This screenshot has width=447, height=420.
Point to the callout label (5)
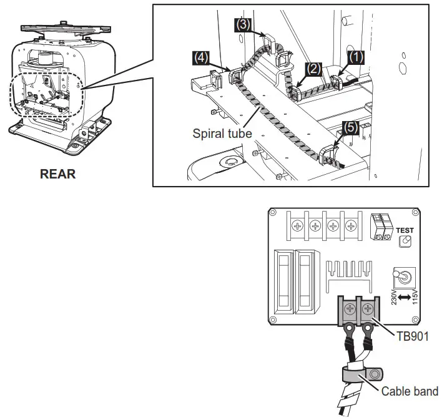click(350, 127)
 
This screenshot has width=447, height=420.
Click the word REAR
click(57, 174)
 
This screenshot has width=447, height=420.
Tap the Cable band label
click(409, 391)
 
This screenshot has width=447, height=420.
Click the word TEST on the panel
click(405, 230)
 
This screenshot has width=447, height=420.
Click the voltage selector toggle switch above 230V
click(403, 276)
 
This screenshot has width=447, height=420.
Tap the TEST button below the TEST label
click(405, 241)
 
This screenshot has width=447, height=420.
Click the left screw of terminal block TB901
click(348, 308)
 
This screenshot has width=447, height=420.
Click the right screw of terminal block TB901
click(368, 308)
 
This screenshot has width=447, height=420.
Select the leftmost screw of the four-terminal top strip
click(298, 226)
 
